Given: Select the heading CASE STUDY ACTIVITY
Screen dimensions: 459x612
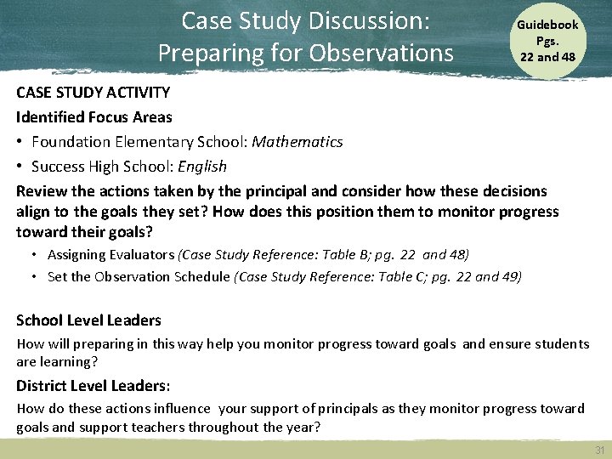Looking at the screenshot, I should click(93, 92).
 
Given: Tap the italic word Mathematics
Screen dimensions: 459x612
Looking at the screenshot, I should click(297, 141).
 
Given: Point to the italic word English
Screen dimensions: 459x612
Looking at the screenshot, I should click(204, 166).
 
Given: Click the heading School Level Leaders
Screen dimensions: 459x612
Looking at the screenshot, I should click(88, 320).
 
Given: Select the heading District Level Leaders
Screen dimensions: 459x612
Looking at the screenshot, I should click(93, 385).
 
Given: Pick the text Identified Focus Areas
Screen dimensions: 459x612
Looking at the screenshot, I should click(94, 116).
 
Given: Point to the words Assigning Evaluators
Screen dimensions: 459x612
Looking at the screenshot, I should click(110, 254).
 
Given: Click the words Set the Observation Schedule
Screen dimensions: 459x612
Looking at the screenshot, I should click(139, 276).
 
